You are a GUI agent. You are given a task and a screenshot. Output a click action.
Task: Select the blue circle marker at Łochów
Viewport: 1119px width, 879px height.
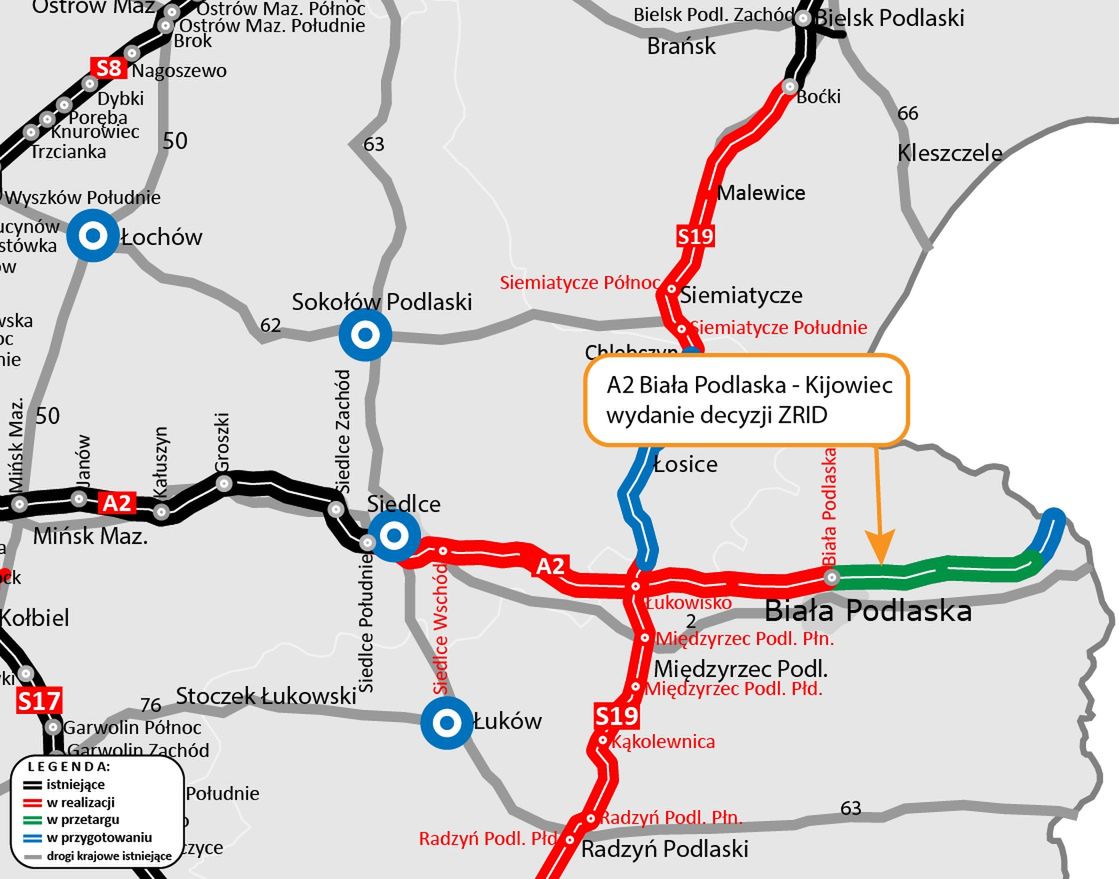94,237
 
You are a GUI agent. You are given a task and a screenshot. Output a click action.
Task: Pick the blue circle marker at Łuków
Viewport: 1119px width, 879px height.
446,721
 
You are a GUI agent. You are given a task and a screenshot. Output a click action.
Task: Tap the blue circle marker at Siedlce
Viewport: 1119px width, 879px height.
394,536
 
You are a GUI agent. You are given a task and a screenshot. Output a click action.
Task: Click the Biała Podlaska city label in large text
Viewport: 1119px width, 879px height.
867,610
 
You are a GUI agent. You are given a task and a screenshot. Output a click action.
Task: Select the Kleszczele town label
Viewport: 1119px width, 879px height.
949,153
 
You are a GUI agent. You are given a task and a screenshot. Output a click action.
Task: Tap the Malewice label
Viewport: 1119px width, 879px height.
761,192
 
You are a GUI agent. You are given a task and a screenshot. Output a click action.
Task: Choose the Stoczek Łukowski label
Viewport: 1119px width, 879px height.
266,695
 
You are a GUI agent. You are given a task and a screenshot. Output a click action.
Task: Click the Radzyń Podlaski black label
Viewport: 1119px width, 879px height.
664,849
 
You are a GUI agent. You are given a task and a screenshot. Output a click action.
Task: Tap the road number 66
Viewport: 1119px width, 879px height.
907,113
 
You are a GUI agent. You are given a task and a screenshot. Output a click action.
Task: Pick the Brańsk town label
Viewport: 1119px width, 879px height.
681,46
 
